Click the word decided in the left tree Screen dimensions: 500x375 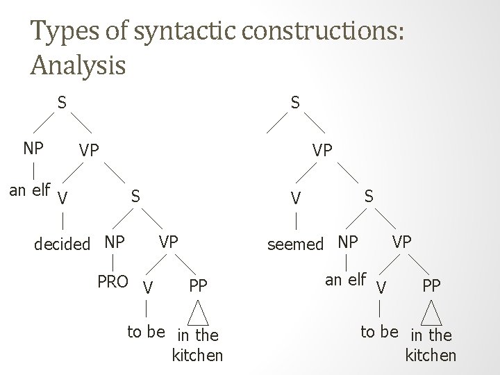62,244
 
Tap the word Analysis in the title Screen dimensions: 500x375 78,65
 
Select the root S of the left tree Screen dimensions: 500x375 62,103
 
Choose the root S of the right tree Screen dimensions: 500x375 295,103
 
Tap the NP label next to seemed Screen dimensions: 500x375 347,243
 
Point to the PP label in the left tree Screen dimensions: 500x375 198,284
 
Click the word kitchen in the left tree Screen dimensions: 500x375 197,356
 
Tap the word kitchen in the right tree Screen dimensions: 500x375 431,356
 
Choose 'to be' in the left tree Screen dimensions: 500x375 145,331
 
